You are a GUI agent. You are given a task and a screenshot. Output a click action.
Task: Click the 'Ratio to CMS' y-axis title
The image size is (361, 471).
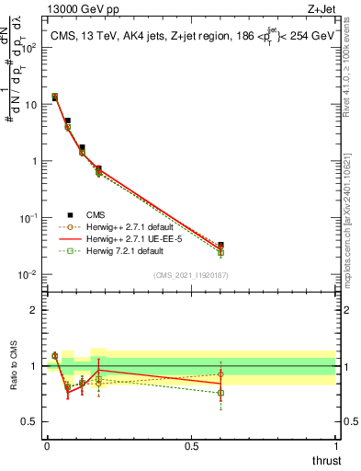[15, 366]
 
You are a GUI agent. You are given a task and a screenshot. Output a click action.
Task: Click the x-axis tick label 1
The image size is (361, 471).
[336, 446]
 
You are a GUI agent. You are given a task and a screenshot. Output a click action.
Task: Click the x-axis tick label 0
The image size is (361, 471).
[46, 446]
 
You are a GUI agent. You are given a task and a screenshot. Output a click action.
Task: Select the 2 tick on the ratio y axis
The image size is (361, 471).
[32, 309]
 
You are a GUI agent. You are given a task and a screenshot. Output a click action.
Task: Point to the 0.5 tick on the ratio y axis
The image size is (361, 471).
[28, 422]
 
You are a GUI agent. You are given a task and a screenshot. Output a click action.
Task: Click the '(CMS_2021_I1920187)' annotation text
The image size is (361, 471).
[190, 275]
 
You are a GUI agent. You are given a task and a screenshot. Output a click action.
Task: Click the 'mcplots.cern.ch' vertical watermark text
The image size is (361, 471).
[352, 235]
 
